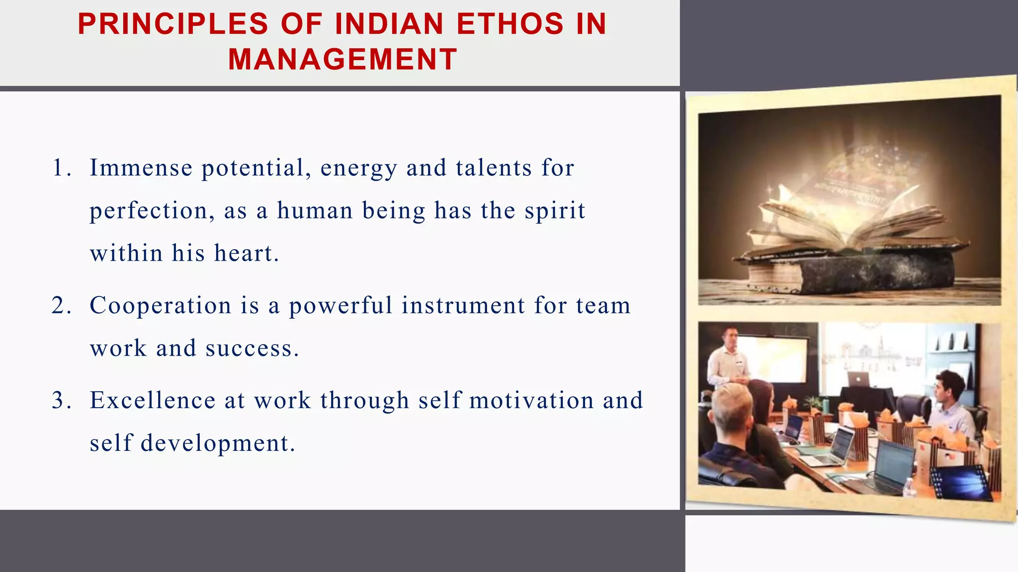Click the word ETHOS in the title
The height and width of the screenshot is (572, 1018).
[x=510, y=24]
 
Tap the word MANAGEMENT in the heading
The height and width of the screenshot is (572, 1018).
[x=342, y=60]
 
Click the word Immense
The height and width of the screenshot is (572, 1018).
[x=141, y=168]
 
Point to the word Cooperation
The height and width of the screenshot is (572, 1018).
[x=160, y=305]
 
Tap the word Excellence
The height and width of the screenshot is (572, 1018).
[x=152, y=400]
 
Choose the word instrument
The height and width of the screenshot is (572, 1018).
[x=463, y=305]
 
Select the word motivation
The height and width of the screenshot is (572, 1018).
[x=531, y=400]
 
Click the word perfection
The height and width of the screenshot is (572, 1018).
[x=148, y=211]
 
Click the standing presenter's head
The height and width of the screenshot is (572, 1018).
[x=730, y=337]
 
